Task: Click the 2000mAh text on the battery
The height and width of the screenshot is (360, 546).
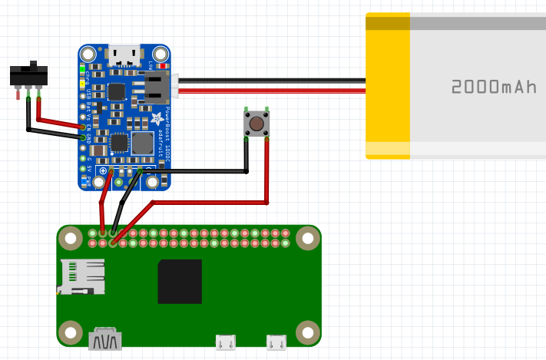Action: coord(494,87)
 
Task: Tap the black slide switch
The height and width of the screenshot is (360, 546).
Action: coord(28,74)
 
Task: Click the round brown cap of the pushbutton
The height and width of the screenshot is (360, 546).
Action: coord(256,123)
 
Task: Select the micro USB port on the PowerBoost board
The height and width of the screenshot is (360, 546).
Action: coord(124,54)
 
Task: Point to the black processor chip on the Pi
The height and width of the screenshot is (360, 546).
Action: coord(180,282)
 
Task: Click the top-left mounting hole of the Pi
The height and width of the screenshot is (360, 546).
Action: coord(71,239)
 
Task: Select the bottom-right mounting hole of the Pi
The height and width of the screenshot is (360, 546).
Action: coord(308,332)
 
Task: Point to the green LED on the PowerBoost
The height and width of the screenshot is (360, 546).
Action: coord(82,69)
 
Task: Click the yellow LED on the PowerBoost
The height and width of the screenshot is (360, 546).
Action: coord(82,81)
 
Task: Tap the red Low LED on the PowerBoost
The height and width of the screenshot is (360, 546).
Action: coord(162,66)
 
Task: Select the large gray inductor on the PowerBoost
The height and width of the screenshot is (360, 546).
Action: coord(143,144)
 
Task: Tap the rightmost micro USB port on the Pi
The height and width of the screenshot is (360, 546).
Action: coord(276,342)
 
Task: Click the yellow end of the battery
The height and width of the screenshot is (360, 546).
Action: coord(387,86)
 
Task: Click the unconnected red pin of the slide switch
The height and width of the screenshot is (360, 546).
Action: coord(18,94)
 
